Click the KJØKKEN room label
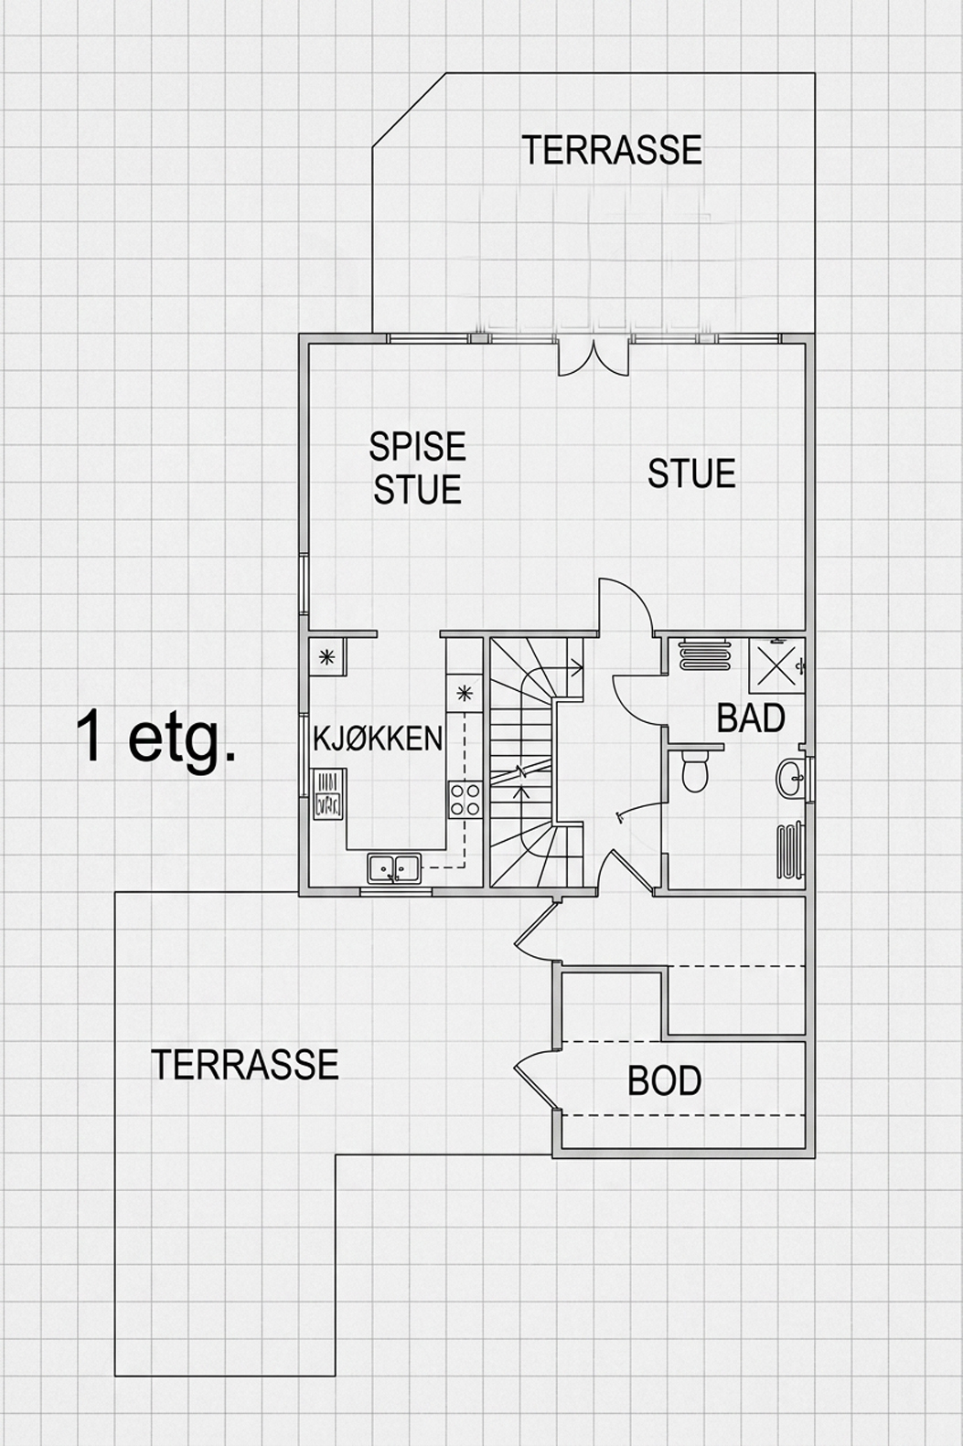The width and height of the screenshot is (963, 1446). tap(378, 739)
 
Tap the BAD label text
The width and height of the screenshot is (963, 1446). tap(751, 718)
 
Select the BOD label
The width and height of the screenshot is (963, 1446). tap(665, 1080)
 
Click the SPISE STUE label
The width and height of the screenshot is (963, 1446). tap(417, 467)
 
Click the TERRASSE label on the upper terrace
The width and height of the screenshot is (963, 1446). tap(612, 149)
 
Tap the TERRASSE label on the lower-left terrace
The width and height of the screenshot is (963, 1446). tap(245, 1065)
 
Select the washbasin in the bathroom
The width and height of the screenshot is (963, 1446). tap(790, 777)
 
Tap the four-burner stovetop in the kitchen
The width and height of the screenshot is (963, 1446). tap(465, 799)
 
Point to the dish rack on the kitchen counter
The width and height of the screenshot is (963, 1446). tap(328, 794)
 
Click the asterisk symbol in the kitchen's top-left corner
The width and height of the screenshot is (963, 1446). tap(327, 657)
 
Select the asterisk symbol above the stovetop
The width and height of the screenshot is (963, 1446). tap(464, 694)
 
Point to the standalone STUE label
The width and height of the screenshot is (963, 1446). tap(691, 473)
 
